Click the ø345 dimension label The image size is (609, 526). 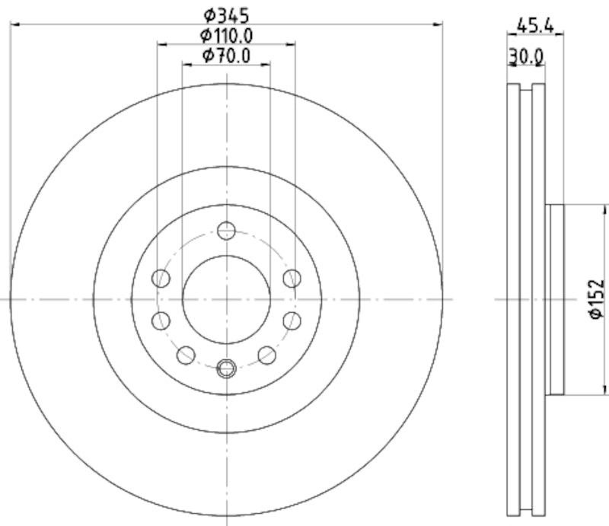(x=226, y=14)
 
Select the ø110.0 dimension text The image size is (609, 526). (x=226, y=34)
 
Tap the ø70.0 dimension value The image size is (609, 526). (x=226, y=55)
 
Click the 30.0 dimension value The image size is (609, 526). (x=526, y=56)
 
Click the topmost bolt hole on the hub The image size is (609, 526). (x=226, y=230)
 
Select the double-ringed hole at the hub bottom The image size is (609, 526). (x=226, y=369)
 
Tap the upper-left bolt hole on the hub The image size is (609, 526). (x=161, y=278)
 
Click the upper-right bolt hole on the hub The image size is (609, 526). (x=291, y=278)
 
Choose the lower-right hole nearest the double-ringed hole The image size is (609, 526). (x=266, y=354)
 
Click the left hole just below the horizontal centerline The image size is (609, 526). (x=161, y=320)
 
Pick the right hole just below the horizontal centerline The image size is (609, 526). (x=291, y=320)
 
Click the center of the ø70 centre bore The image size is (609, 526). (x=226, y=299)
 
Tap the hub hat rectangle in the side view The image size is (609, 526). (x=556, y=299)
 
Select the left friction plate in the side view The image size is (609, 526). (x=512, y=299)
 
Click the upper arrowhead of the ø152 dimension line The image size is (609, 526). (x=607, y=208)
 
